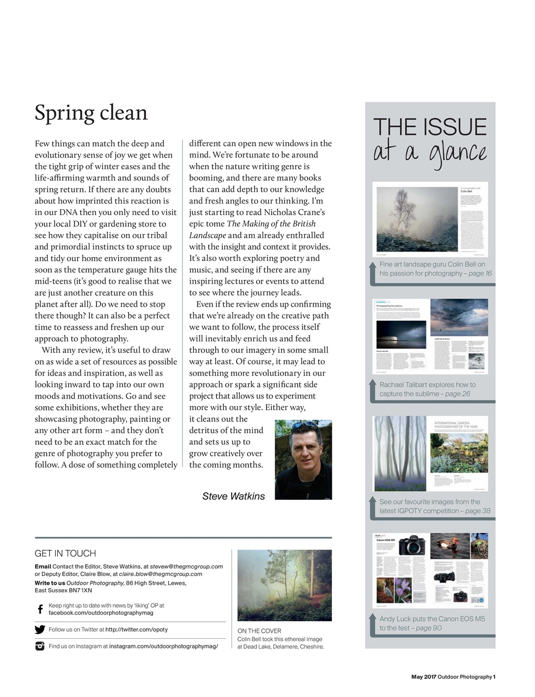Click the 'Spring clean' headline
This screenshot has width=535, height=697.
click(x=91, y=113)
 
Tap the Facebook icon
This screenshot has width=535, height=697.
click(x=40, y=609)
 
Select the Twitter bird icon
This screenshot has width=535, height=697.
click(x=40, y=629)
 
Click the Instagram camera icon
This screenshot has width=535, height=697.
click(x=40, y=646)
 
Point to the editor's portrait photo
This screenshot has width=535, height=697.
click(x=303, y=460)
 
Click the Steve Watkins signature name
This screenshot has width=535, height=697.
click(x=233, y=496)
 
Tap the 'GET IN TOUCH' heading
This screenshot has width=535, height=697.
click(x=65, y=553)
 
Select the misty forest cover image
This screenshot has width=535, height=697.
click(x=284, y=585)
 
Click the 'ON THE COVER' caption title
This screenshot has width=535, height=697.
click(x=259, y=631)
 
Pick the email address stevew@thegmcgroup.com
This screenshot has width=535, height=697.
click(x=186, y=566)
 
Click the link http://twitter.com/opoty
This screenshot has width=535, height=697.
click(x=136, y=629)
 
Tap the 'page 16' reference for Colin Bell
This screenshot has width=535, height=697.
click(x=479, y=273)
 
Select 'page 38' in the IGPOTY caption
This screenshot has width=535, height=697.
click(x=478, y=511)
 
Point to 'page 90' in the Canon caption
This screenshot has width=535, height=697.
click(x=429, y=628)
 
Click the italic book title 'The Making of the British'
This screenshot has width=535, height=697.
click(x=271, y=224)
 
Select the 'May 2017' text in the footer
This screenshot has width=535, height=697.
click(x=423, y=677)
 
